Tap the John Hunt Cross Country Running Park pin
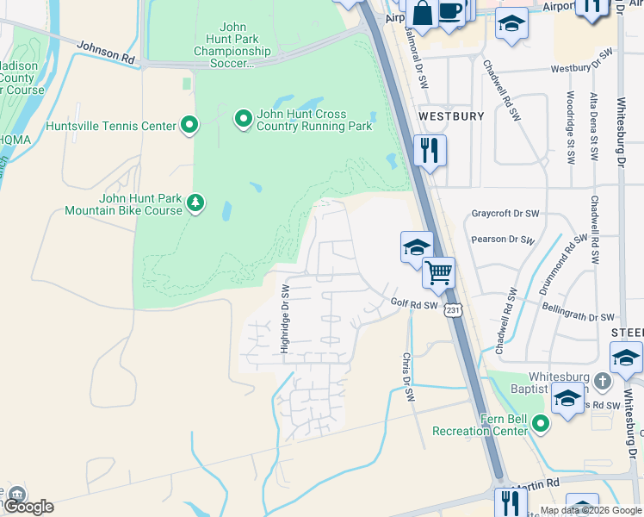243,116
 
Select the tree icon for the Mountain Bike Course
196,203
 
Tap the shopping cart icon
439,272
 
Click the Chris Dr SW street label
408,376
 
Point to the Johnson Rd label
106,53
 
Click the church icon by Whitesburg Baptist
602,380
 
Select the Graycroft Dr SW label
505,214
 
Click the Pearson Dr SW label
503,241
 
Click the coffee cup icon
450,11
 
